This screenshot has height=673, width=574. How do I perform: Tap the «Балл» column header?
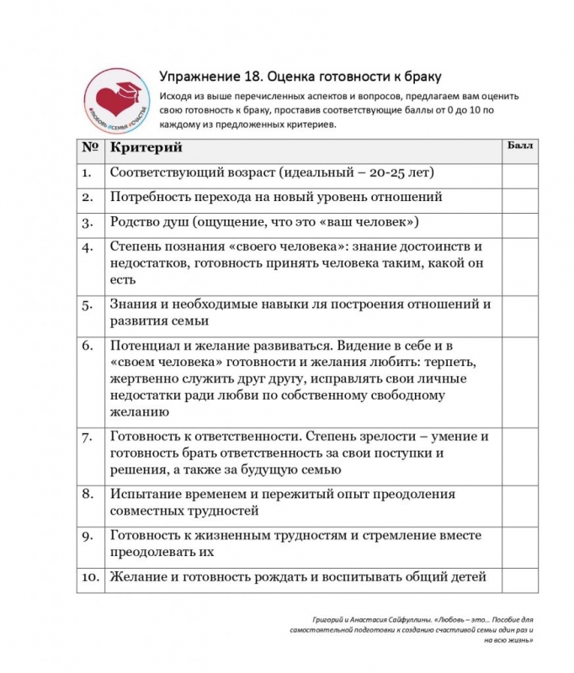coord(518,146)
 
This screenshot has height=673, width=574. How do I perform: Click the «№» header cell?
coord(90,148)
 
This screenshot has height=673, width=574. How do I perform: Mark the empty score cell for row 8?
coord(518,501)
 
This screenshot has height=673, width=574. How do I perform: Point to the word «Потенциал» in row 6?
coord(145,346)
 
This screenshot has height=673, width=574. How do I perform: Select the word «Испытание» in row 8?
coord(146,494)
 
